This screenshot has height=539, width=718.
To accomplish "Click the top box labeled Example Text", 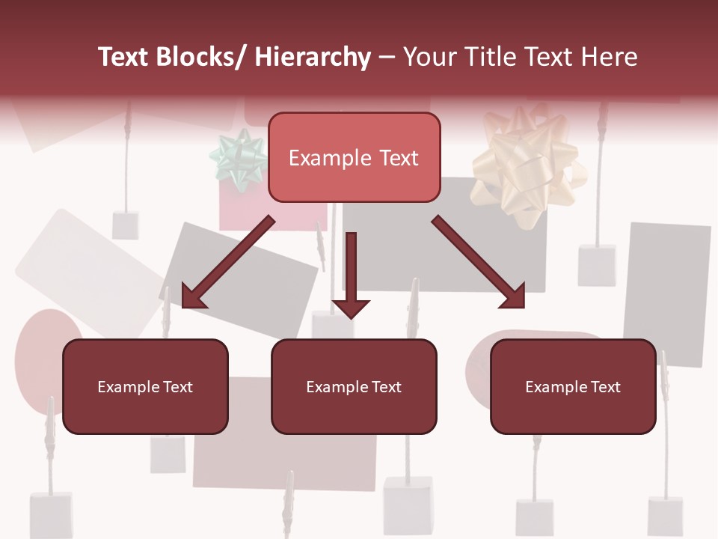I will (x=354, y=157).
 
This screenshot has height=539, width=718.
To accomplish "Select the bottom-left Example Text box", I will (x=145, y=386).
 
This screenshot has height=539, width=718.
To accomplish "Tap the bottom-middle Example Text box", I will (x=354, y=386).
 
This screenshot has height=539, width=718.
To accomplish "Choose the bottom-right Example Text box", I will (x=573, y=386).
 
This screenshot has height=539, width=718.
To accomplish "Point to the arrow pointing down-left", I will (x=227, y=262).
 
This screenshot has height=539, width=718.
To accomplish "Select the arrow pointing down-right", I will (x=479, y=262).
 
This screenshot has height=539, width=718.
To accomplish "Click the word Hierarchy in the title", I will (x=313, y=57).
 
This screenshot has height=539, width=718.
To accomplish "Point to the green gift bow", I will (x=239, y=156).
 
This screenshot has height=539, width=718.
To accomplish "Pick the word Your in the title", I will (x=429, y=57).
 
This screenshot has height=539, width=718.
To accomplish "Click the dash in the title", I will (x=387, y=57).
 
